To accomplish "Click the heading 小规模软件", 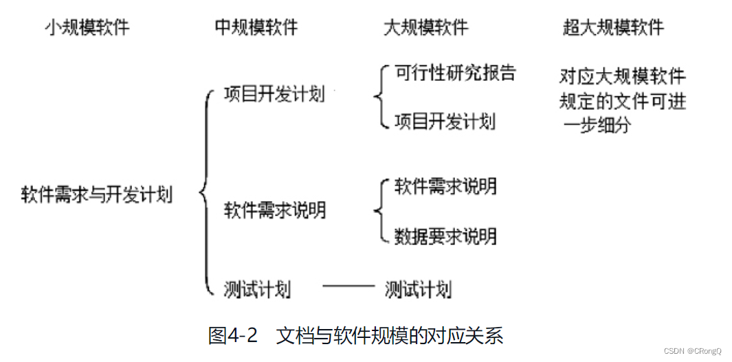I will pyautogui.click(x=87, y=27).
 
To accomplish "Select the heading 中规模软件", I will pyautogui.click(x=256, y=27).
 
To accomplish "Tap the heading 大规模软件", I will pyautogui.click(x=425, y=27).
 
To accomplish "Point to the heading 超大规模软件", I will pyautogui.click(x=613, y=27).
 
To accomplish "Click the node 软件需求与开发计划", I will pyautogui.click(x=96, y=194).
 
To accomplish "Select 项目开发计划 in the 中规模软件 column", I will pyautogui.click(x=274, y=95).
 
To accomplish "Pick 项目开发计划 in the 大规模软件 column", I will pyautogui.click(x=444, y=122).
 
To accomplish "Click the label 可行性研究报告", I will pyautogui.click(x=454, y=72).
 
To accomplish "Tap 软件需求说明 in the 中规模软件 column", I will pyautogui.click(x=274, y=210).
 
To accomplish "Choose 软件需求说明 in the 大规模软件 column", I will pyautogui.click(x=445, y=185).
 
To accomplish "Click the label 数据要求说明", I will pyautogui.click(x=445, y=236).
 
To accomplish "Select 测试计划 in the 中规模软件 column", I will pyautogui.click(x=257, y=289).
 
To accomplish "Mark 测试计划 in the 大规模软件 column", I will pyautogui.click(x=418, y=289).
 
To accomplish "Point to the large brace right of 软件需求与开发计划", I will pyautogui.click(x=204, y=192).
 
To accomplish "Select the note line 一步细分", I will pyautogui.click(x=596, y=126).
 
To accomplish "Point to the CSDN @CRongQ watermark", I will pyautogui.click(x=693, y=350).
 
